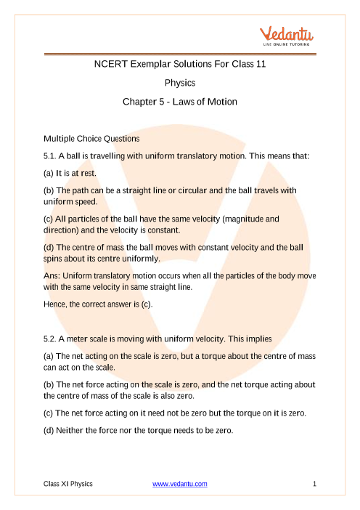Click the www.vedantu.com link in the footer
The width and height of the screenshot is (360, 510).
[x=180, y=483]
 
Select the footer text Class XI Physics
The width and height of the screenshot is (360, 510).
[x=67, y=483]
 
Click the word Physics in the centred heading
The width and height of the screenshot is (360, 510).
[x=180, y=83]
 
